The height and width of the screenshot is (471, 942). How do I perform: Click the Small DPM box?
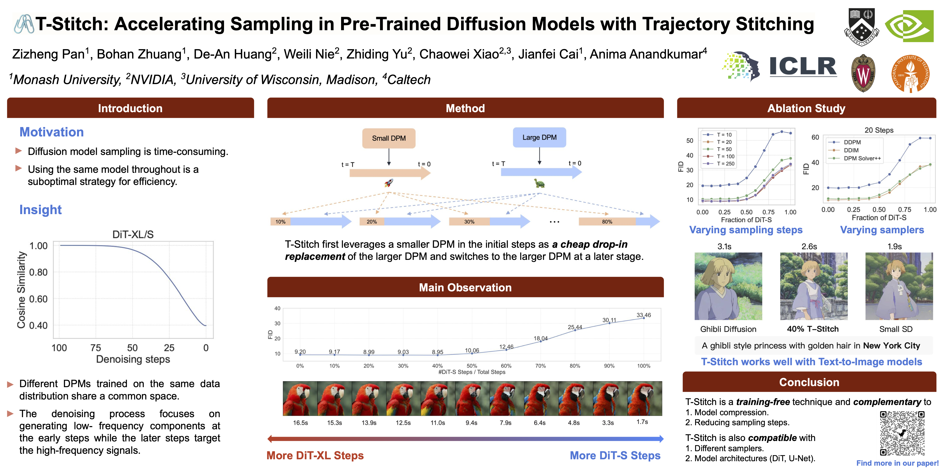389,138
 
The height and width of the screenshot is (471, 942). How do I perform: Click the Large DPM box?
539,137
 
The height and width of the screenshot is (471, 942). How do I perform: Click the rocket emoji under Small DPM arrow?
389,183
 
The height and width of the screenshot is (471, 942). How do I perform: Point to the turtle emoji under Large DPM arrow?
539,183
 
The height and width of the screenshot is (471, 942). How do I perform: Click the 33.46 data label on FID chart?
644,315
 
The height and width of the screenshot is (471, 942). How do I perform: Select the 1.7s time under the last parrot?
642,422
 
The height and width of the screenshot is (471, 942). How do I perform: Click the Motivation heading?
51,132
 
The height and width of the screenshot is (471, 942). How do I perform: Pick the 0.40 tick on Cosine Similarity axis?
38,325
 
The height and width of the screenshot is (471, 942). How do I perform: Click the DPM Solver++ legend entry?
862,158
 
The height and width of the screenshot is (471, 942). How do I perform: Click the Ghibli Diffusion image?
728,286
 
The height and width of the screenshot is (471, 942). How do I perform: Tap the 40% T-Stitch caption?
813,329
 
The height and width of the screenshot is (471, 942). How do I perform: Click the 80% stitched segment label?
607,222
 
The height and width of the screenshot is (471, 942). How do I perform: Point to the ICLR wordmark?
803,67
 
